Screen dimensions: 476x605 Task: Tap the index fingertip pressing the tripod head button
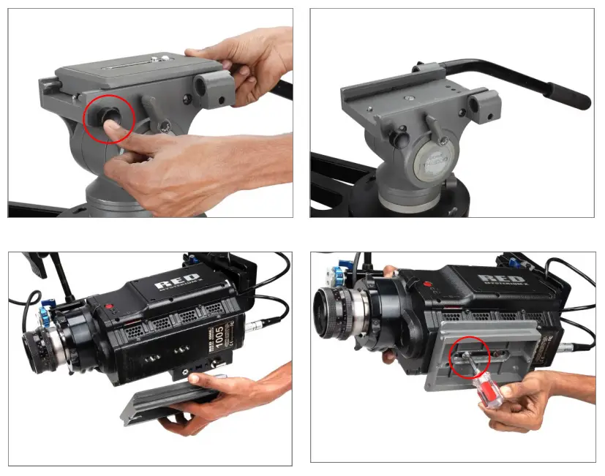(110, 129)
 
